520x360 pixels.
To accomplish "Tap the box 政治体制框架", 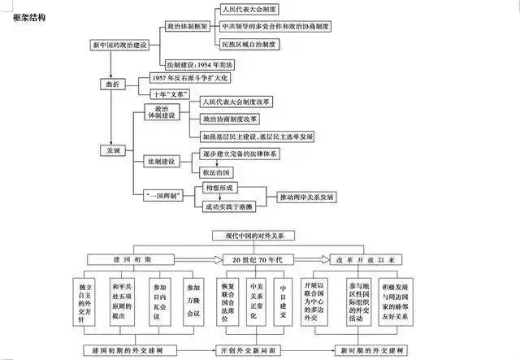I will [x=188, y=26].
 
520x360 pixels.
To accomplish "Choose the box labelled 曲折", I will [x=112, y=83].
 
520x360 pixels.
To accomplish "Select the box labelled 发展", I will [x=113, y=150].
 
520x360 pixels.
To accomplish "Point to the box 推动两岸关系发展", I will [x=307, y=197].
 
